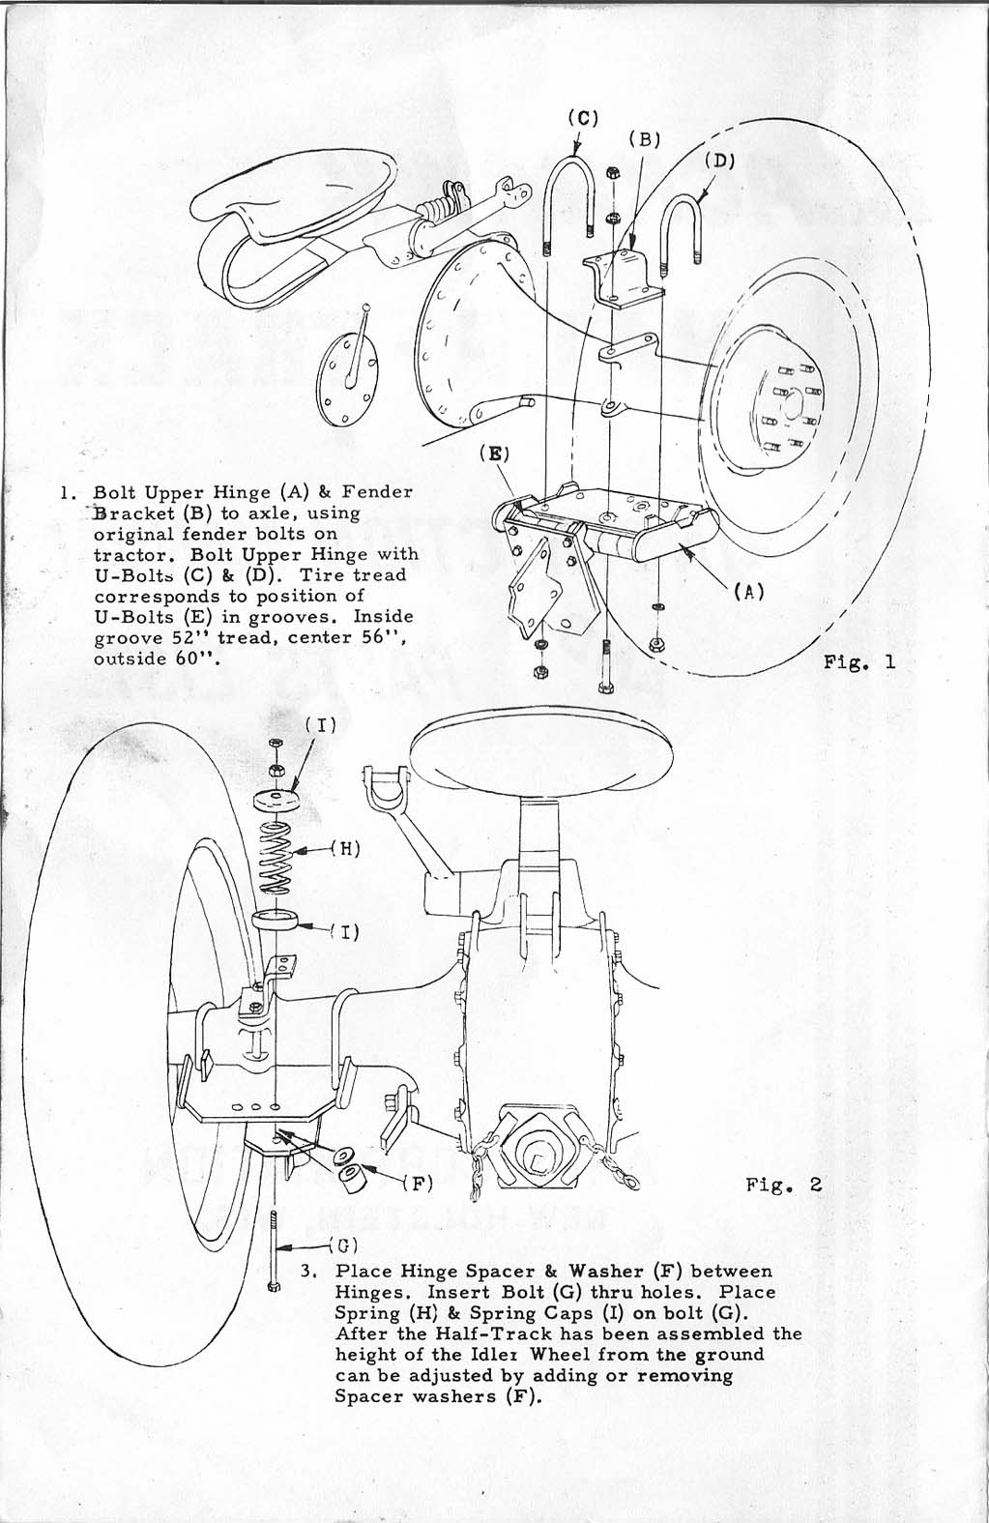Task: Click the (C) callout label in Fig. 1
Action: [x=583, y=118]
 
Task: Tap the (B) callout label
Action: [x=645, y=139]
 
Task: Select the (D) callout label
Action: [x=719, y=161]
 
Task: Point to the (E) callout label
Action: [x=494, y=454]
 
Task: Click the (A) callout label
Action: [x=749, y=592]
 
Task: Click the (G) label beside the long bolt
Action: [x=343, y=1245]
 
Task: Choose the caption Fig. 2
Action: [x=784, y=1185]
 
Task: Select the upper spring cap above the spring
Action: [x=276, y=800]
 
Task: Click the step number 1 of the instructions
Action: [x=65, y=493]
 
